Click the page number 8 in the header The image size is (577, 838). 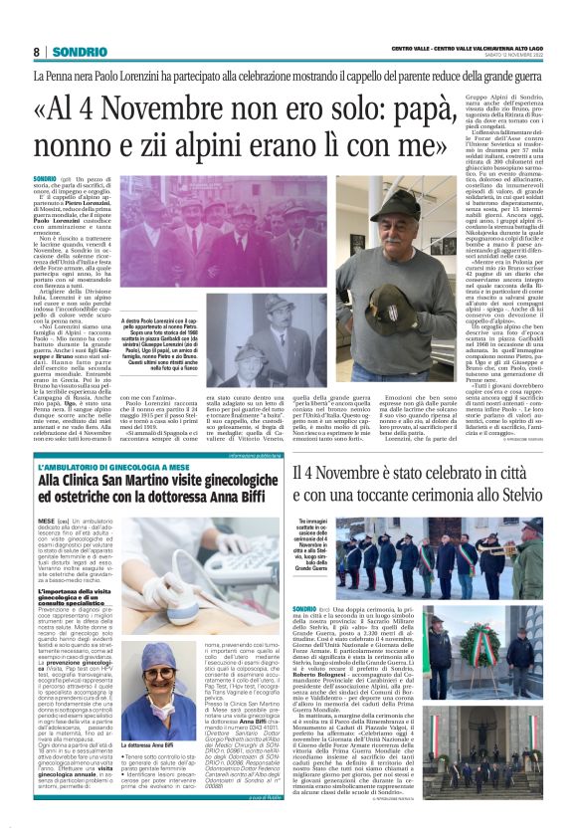point(37,52)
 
